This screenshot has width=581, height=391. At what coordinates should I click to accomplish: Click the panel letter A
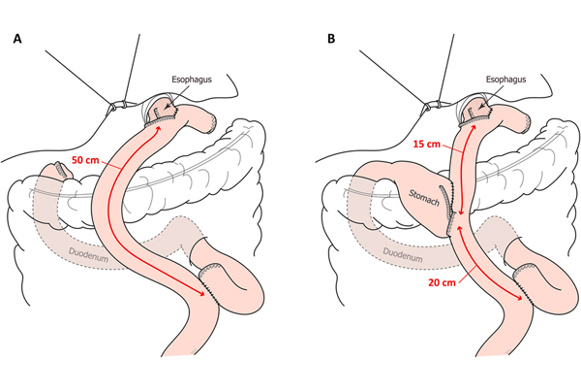[x=17, y=39]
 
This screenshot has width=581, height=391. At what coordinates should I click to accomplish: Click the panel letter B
[x=331, y=39]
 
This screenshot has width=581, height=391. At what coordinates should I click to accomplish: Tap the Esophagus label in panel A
[x=192, y=80]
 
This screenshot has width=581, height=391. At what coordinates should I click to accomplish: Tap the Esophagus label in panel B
[x=505, y=80]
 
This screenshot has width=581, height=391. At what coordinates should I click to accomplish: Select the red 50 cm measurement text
[x=85, y=160]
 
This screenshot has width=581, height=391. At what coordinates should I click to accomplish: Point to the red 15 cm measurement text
[x=426, y=144]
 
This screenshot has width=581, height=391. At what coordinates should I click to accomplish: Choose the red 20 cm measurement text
[x=443, y=282]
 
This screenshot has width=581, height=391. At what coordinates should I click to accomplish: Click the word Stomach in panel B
[x=424, y=198]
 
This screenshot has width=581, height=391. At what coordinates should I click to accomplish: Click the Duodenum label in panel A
[x=88, y=255]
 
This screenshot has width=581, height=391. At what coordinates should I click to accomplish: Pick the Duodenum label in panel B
[x=403, y=255]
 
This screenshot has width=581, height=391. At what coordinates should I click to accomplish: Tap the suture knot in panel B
[x=431, y=105]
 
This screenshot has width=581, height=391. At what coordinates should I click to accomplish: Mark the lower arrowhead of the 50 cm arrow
[x=201, y=293]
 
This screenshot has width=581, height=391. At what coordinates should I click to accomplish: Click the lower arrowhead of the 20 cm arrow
[x=519, y=297]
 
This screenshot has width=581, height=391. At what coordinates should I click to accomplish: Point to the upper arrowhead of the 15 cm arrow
[x=474, y=129]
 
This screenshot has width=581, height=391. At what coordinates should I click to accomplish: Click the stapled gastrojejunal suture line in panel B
[x=449, y=210]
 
